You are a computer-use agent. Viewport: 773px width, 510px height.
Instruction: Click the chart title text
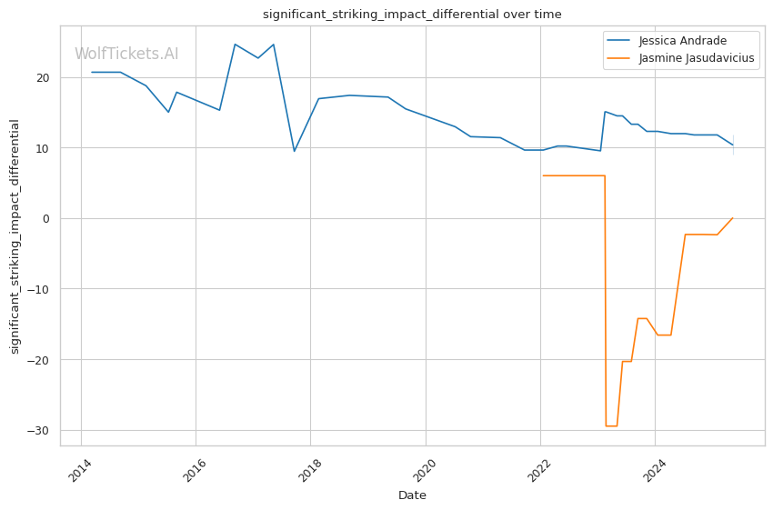coord(412,15)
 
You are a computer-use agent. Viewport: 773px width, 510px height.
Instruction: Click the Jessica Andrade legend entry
coord(682,41)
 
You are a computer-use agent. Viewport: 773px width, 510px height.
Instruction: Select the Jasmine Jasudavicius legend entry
coord(697,59)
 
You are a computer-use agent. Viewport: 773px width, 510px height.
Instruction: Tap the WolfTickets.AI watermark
coord(126,55)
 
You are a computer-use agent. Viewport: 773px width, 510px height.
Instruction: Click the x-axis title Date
coord(412,495)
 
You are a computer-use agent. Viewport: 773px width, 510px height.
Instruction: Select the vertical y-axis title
coord(15,235)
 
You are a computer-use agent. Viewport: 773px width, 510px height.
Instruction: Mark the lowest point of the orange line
coord(611,425)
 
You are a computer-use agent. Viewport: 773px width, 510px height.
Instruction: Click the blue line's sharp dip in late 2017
coord(294,151)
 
